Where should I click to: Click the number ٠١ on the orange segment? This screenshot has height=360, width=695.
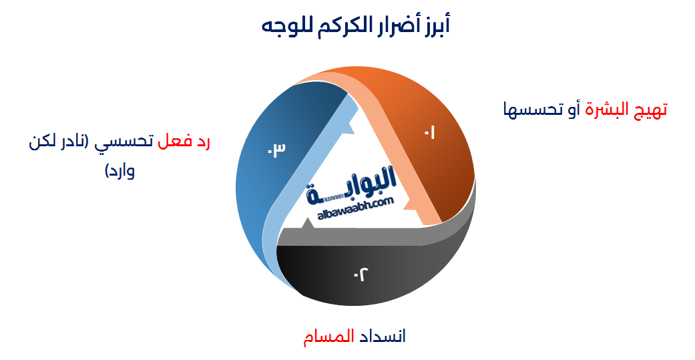tap(429, 133)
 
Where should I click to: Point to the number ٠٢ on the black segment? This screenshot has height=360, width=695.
tap(361, 273)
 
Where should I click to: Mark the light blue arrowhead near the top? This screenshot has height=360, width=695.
tap(346, 137)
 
